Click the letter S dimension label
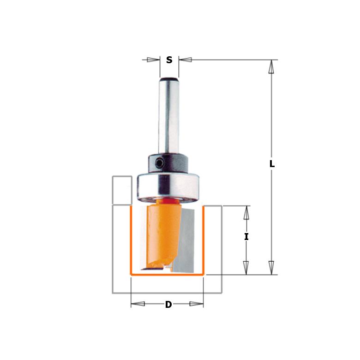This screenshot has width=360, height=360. (169, 60)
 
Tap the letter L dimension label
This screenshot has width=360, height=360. (272, 164)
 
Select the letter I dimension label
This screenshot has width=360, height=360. (246, 237)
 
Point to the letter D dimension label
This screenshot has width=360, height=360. (168, 305)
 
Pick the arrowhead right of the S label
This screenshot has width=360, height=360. (186, 60)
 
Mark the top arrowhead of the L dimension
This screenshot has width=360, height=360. (271, 67)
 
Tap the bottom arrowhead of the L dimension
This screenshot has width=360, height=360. (271, 267)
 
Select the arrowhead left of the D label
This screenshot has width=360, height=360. (138, 304)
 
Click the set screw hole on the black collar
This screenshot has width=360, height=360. (158, 163)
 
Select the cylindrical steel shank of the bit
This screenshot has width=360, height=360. (169, 115)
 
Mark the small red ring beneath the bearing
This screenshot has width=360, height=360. (169, 200)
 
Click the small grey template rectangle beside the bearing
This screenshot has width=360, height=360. (122, 190)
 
